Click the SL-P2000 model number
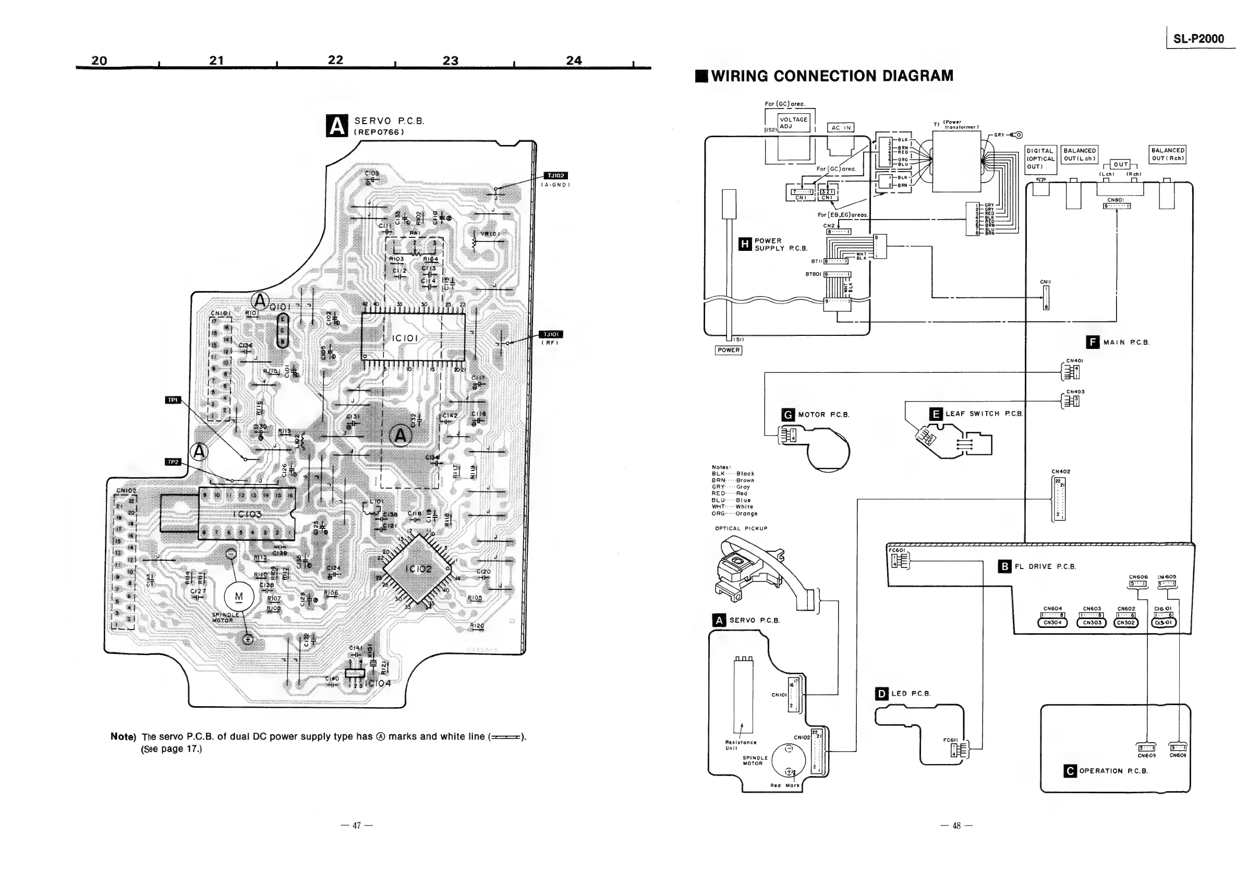coord(1198,38)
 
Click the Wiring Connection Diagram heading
coord(832,76)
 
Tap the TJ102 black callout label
coord(555,175)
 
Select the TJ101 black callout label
coord(551,334)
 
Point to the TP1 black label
coord(173,400)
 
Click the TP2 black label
coord(173,462)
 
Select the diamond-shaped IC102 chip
coord(418,570)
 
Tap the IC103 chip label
coord(247,514)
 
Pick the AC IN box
coord(841,128)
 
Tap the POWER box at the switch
coord(729,350)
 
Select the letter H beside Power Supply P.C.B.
coord(745,245)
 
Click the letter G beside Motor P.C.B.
coord(788,415)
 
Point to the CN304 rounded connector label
coord(1052,623)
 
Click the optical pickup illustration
coord(754,573)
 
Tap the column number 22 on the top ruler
coord(335,60)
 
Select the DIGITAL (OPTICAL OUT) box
coord(1040,159)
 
